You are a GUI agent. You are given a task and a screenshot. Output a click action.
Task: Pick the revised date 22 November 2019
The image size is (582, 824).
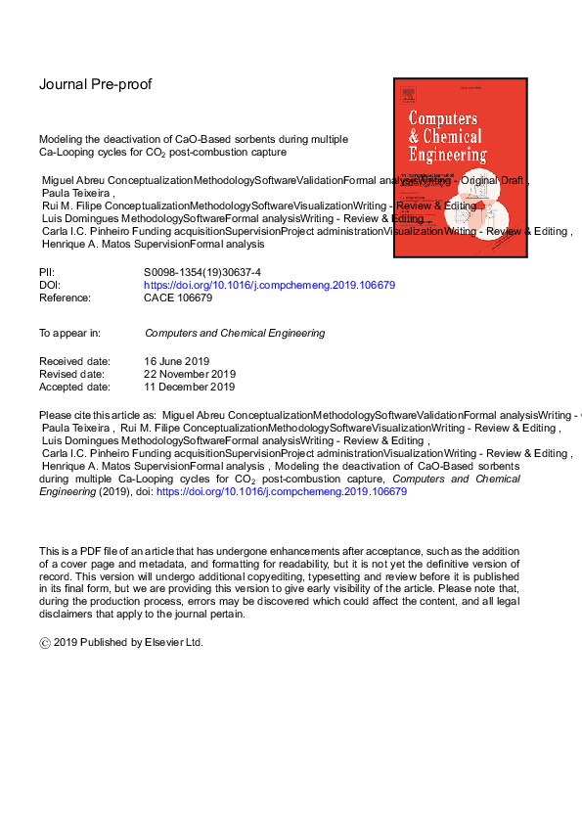190,374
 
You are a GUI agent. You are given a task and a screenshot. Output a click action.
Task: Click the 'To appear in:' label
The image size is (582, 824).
69,334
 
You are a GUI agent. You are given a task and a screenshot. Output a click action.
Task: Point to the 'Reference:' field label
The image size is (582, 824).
65,298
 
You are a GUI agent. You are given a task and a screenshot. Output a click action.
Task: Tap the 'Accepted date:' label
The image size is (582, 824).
74,386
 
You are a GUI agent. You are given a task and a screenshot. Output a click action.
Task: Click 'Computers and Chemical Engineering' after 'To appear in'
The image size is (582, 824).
234,334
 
